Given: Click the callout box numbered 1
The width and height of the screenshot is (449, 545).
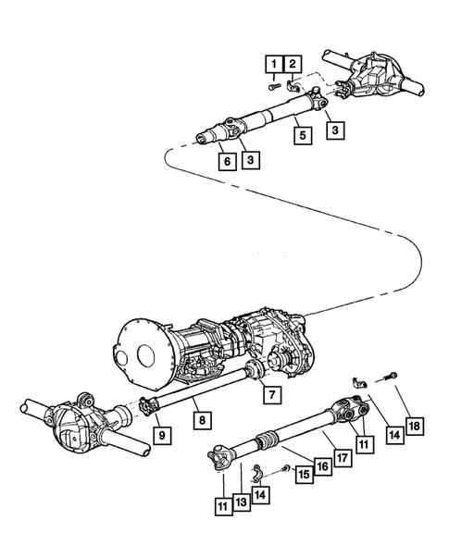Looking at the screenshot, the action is tap(274, 64).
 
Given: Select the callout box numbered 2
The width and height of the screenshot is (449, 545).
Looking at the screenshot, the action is tap(293, 64).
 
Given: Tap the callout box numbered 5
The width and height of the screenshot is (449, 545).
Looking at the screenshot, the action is tap(303, 135).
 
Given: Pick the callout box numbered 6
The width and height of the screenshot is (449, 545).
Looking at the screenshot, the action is tap(228, 161).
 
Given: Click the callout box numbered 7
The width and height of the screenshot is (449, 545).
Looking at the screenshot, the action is tap(272, 394).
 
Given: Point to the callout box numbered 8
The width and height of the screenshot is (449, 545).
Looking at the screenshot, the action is tap(202, 420).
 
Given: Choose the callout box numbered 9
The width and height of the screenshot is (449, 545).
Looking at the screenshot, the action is tap(162, 435).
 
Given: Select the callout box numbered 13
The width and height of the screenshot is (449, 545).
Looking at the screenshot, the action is tap(242, 502).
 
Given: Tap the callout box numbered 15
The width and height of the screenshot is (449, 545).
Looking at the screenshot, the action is tap(305, 474).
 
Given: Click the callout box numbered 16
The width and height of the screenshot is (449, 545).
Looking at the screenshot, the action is tap(323, 466).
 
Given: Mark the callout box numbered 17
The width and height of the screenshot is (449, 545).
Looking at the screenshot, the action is tap(343, 458).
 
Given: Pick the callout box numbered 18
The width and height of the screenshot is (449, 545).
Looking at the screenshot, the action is tap(415, 426).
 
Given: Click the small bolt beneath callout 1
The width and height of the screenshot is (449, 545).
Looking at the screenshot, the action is tap(275, 86).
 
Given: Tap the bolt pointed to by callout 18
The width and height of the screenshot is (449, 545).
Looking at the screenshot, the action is tap(391, 376).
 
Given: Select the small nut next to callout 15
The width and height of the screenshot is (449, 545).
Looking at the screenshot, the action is tap(287, 468).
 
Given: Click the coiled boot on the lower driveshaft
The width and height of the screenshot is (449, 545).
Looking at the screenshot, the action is tap(266, 439).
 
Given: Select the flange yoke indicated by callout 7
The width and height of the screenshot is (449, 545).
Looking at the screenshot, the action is tap(255, 370).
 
